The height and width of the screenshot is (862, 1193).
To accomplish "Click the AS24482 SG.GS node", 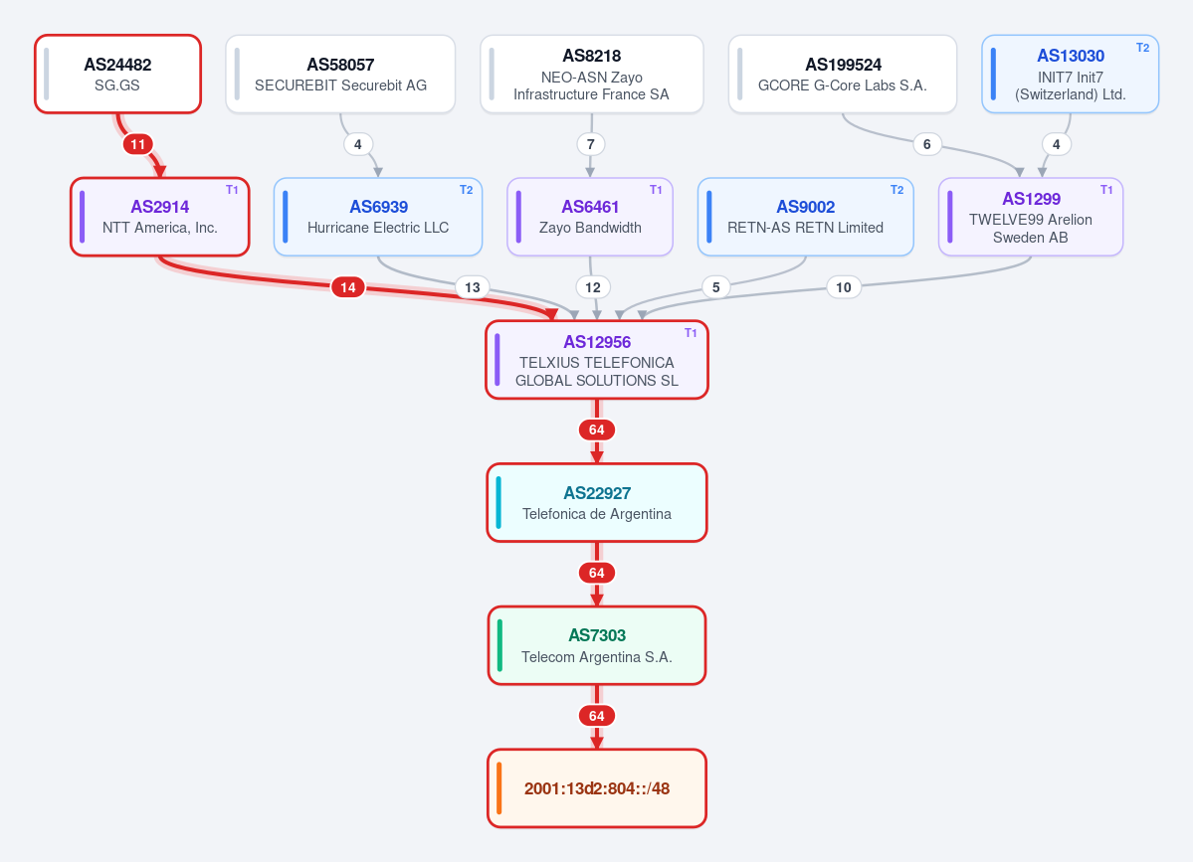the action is [x=118, y=74].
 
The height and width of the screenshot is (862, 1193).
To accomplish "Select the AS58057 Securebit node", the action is [x=340, y=74].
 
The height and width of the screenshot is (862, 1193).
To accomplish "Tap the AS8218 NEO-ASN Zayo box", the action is [x=591, y=74].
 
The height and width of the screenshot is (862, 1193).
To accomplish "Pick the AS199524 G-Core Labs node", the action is [x=842, y=74].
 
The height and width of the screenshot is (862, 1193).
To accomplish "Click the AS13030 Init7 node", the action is [x=1070, y=74].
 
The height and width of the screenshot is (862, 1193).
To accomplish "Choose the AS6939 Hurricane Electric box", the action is [x=378, y=217].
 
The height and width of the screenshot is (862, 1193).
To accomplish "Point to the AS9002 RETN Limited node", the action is [x=805, y=217].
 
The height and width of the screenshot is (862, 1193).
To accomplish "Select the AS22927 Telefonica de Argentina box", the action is [x=597, y=502].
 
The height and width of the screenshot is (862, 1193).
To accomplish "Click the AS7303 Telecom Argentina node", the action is [x=597, y=645].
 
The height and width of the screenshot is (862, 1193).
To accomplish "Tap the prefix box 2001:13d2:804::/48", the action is [x=597, y=788].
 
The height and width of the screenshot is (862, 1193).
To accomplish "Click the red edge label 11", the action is [x=137, y=144].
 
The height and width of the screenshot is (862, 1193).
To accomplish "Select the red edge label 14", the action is [x=347, y=287].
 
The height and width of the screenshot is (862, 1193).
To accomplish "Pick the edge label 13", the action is [x=473, y=287].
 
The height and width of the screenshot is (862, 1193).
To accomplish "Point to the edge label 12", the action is [x=593, y=287].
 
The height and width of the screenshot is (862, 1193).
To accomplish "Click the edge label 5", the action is [x=716, y=287].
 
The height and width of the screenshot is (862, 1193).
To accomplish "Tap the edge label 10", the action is [x=843, y=287].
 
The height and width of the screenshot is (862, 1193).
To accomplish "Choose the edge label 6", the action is [x=926, y=144].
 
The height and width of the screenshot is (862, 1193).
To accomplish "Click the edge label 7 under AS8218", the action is [x=590, y=144].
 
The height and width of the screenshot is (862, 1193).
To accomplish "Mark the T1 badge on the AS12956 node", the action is [x=691, y=333].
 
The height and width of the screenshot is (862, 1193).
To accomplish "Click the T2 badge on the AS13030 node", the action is [x=1142, y=47].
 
